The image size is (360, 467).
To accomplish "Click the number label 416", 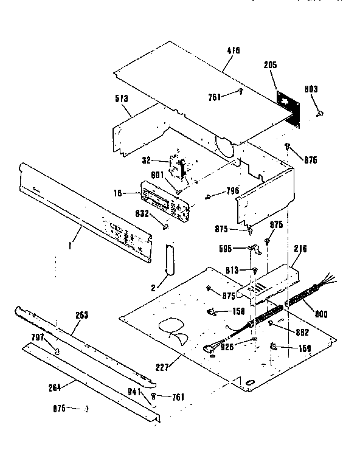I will point(234,50).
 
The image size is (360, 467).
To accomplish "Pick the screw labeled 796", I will point(209,196).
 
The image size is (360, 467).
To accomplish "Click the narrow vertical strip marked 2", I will point(168,258).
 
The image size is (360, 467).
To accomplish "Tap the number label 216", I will point(301,249).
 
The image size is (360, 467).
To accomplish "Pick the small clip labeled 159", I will point(273,347).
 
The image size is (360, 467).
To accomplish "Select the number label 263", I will point(81,315).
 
